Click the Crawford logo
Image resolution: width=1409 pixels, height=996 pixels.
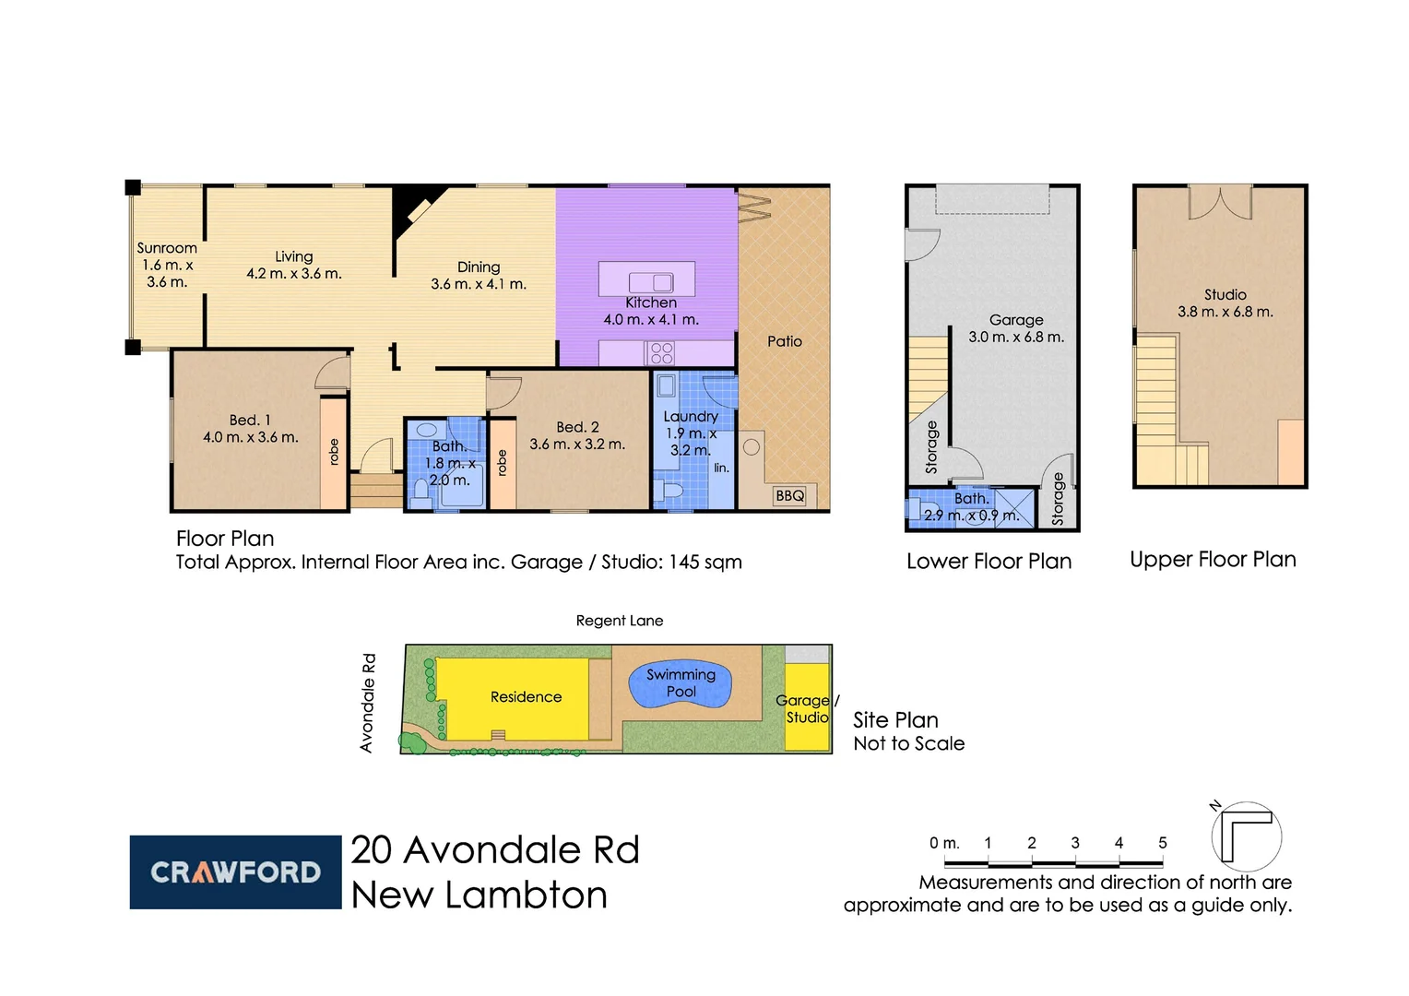point(235,872)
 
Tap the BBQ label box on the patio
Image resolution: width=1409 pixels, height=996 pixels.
point(789,496)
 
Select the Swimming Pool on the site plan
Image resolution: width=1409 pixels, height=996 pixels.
point(681,684)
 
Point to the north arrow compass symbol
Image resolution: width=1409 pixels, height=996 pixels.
point(1245,836)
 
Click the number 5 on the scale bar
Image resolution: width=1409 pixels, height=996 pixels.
point(1162,843)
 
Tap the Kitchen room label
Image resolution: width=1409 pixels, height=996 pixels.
point(651,302)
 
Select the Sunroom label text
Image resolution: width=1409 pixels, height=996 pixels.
point(167,248)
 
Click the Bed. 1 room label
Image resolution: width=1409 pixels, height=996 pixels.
point(250,421)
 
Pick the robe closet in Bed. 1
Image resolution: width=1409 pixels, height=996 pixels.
point(333,452)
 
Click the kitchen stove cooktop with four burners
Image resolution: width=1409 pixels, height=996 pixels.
point(661,353)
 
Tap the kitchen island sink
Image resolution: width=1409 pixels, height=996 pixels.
point(651,282)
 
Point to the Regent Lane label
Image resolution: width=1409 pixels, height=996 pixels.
point(620,621)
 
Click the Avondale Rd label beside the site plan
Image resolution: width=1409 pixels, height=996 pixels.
point(368,703)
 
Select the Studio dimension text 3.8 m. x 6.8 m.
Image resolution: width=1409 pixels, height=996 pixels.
point(1225,312)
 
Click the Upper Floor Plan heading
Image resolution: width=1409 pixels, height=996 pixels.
point(1213,560)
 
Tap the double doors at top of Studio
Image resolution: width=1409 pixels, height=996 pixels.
point(1220,202)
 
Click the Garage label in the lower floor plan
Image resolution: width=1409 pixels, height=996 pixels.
point(1016,320)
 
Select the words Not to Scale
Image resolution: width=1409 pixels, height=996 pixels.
point(908,743)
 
